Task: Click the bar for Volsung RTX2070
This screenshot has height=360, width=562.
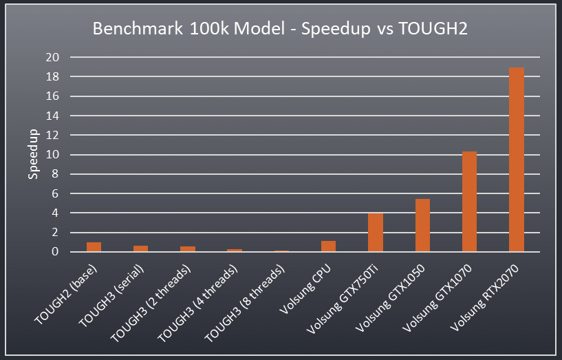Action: click(517, 160)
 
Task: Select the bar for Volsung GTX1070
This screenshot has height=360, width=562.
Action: click(469, 202)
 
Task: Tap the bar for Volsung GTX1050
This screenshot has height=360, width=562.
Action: click(422, 226)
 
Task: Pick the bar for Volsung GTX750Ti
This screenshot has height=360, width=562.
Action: click(376, 233)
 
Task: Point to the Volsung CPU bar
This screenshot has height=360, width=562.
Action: click(328, 246)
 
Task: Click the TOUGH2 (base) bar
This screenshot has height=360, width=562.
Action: click(94, 247)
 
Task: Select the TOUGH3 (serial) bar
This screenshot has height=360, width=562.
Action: click(141, 249)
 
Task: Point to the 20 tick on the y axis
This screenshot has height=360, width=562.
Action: click(53, 57)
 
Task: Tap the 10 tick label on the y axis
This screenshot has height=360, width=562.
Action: click(53, 155)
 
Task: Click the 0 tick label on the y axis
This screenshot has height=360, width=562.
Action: click(56, 252)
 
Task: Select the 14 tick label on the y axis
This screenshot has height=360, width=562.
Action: click(53, 116)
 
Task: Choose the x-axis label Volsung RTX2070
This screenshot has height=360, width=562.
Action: click(493, 293)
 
